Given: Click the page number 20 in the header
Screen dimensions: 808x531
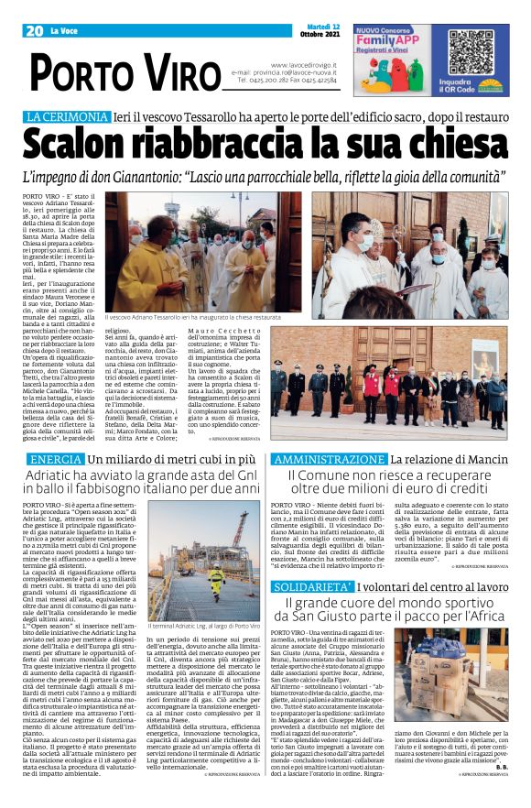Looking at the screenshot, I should click(35, 31).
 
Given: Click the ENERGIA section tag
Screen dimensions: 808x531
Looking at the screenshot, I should click(57, 458).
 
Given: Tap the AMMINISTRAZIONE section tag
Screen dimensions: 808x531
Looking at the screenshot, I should click(329, 458).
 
